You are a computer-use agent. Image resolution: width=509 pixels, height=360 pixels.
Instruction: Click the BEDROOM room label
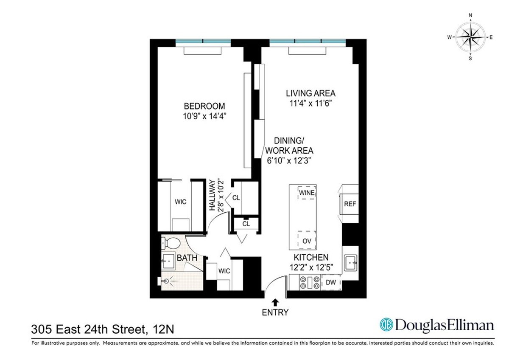click(x=204, y=106)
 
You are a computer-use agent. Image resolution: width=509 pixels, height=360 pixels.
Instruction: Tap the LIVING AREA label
click(x=310, y=93)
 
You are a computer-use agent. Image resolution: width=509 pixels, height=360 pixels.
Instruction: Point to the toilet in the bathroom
click(x=172, y=244)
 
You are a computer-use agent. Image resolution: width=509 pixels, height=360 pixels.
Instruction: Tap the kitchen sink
click(x=351, y=262)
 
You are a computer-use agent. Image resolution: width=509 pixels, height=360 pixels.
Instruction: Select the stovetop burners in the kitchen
click(x=310, y=282)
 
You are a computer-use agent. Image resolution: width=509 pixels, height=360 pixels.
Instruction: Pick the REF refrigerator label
click(x=350, y=204)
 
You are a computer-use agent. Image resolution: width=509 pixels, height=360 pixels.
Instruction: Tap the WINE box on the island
click(x=307, y=193)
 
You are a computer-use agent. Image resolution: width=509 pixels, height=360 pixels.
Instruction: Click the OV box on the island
click(x=307, y=241)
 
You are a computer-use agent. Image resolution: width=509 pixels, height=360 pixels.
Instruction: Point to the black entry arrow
click(x=275, y=302)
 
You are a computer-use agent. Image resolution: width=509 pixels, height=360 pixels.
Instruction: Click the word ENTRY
click(x=276, y=313)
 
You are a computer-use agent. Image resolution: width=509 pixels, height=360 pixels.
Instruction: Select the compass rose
click(x=470, y=37)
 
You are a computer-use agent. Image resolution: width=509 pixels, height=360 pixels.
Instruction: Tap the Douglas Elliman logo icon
click(x=386, y=326)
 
